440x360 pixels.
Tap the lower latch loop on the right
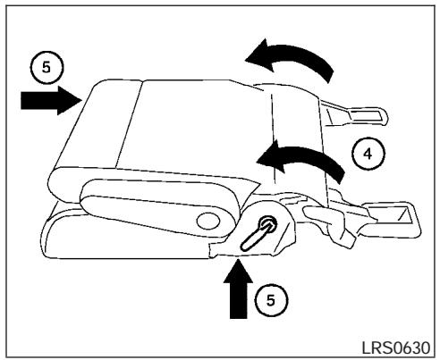tap(389, 215)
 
